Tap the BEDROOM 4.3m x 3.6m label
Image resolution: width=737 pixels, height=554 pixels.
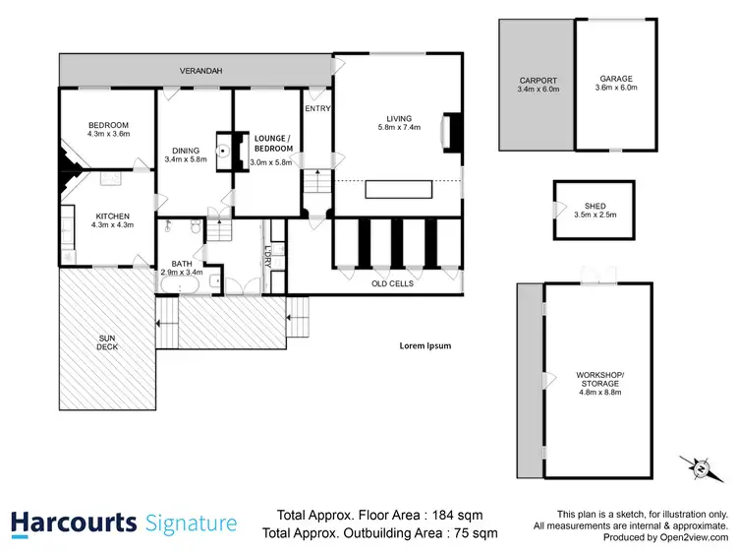pyautogui.click(x=108, y=129)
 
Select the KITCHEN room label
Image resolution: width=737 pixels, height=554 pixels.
pyautogui.click(x=112, y=221)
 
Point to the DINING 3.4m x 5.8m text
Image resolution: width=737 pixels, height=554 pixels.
pyautogui.click(x=186, y=154)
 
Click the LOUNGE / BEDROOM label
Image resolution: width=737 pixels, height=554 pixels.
pyautogui.click(x=272, y=143)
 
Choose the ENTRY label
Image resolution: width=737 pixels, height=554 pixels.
pyautogui.click(x=317, y=108)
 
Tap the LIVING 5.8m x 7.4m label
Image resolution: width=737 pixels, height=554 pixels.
pyautogui.click(x=399, y=123)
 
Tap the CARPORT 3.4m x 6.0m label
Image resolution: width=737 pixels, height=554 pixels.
pyautogui.click(x=537, y=86)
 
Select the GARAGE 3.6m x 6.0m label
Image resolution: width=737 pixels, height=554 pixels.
pyautogui.click(x=617, y=83)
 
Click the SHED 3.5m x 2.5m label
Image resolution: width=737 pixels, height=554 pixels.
pyautogui.click(x=595, y=211)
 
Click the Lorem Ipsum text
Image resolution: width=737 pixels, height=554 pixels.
pyautogui.click(x=425, y=345)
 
